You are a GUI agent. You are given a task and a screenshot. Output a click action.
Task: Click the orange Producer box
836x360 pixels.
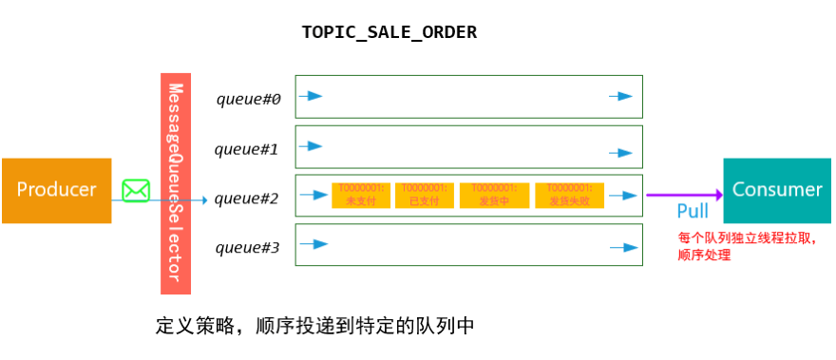tap(56, 190)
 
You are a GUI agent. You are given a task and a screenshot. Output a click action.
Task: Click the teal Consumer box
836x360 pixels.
tap(776, 190)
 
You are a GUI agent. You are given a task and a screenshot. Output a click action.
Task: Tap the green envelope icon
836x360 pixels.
tap(136, 190)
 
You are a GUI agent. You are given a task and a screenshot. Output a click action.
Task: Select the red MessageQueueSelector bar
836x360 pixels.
tap(176, 182)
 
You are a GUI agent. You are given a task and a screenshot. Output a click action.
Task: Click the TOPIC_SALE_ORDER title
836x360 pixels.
tap(389, 32)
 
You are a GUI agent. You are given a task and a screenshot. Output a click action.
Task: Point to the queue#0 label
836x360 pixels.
tap(248, 99)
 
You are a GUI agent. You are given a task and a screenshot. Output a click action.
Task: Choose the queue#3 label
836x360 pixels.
tap(247, 248)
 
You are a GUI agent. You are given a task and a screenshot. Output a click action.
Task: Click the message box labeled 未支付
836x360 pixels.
tap(356, 195)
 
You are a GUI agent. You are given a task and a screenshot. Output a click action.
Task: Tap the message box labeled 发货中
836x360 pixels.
tap(494, 195)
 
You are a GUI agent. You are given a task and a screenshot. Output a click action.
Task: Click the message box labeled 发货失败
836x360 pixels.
tap(569, 195)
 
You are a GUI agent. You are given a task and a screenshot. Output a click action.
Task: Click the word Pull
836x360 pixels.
tap(692, 211)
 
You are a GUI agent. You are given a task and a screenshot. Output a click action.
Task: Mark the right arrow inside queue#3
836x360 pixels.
tap(621, 247)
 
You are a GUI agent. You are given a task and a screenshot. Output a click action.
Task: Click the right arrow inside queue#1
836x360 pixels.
tap(621, 152)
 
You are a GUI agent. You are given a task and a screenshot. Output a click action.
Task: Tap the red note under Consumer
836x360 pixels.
tap(746, 246)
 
